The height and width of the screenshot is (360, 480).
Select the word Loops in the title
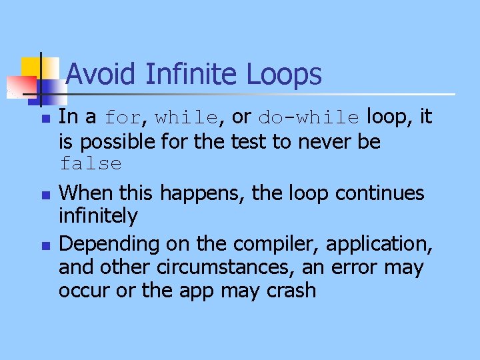(x=285, y=74)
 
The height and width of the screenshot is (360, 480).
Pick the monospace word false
(x=90, y=164)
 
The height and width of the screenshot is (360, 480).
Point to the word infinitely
(x=98, y=216)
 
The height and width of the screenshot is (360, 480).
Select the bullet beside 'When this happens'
(x=45, y=195)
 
